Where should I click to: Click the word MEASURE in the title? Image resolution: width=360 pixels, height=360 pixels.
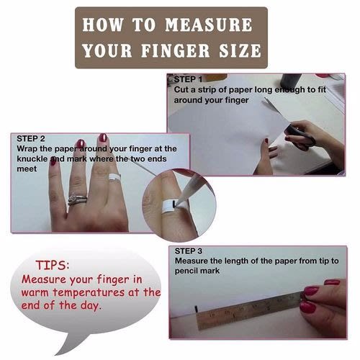click(x=209, y=24)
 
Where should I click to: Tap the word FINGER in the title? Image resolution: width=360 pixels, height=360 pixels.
click(x=176, y=50)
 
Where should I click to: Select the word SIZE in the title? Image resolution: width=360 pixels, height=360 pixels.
click(x=240, y=50)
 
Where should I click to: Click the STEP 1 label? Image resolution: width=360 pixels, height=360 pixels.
click(x=188, y=79)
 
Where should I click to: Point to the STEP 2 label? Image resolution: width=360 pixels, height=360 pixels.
click(x=31, y=139)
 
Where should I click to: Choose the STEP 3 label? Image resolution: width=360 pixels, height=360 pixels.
click(x=189, y=251)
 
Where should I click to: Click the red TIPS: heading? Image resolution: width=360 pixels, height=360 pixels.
click(x=53, y=266)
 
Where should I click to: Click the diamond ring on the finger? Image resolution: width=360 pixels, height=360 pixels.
click(x=77, y=199)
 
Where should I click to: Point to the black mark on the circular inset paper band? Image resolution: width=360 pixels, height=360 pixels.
click(x=174, y=204)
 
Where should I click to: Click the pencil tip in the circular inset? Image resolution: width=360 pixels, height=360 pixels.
click(x=177, y=203)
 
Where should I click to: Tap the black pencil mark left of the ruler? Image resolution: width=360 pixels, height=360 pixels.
click(x=197, y=309)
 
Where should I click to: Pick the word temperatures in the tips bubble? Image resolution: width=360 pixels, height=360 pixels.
click(x=89, y=293)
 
